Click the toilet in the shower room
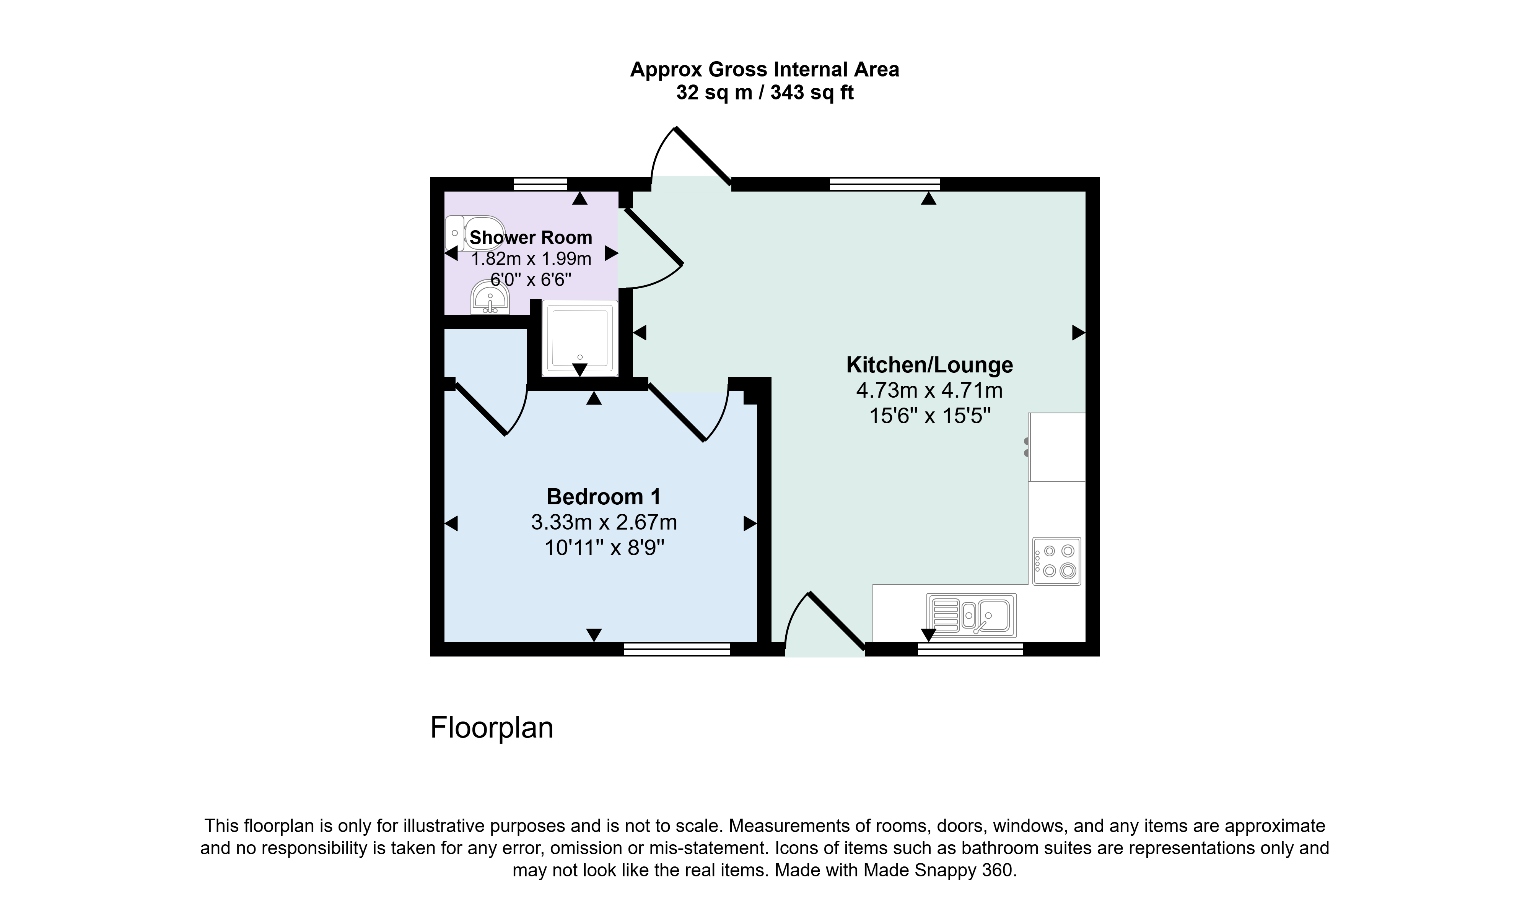474,233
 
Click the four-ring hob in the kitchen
1057,561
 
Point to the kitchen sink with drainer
971,615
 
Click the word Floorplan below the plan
492,728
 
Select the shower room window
540,184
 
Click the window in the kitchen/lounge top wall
885,184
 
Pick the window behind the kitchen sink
970,649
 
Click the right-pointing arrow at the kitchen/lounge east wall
1079,333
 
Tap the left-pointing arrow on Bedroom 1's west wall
451,523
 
